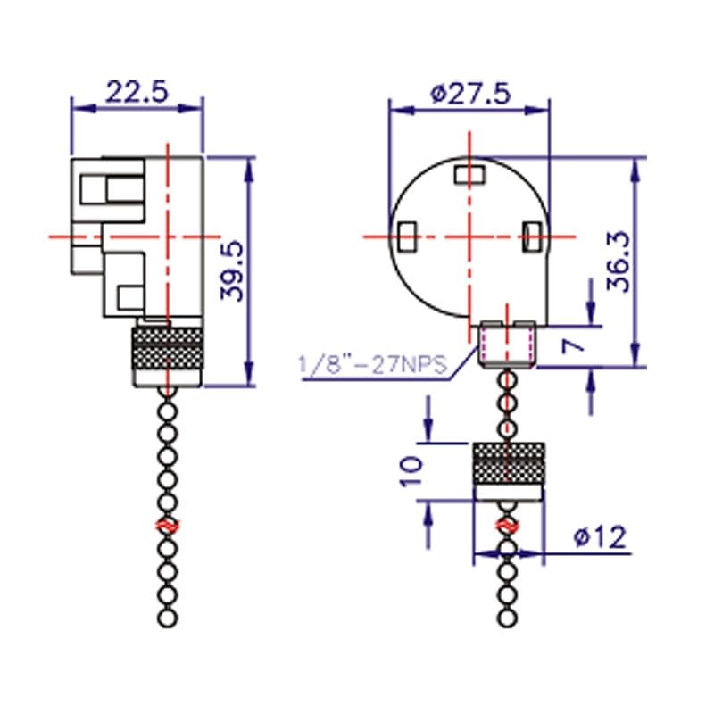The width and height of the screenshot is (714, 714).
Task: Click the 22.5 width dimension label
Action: click(137, 91)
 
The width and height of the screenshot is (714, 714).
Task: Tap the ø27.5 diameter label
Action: click(470, 92)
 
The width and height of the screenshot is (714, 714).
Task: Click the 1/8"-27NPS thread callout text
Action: click(374, 365)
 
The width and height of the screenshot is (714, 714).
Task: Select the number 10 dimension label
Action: click(411, 471)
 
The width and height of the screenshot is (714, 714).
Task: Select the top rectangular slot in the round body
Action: click(468, 172)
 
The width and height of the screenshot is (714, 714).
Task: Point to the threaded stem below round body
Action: click(507, 344)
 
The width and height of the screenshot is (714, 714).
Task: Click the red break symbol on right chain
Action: click(506, 527)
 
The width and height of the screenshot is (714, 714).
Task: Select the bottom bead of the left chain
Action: click(166, 619)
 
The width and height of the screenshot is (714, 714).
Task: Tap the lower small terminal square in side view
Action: click(130, 295)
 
